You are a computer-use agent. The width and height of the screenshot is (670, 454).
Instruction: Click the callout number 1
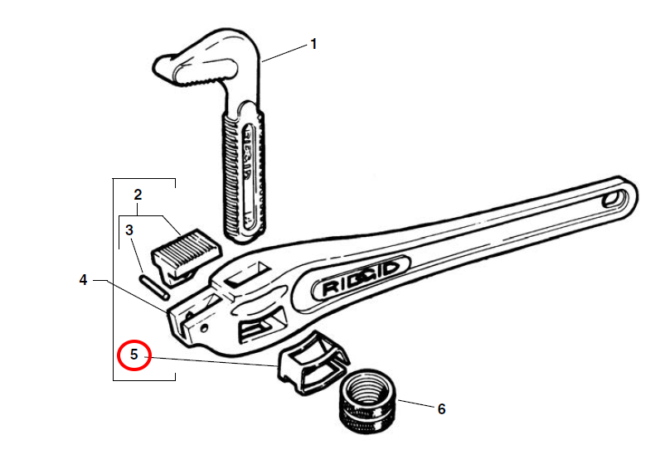pyautogui.click(x=313, y=44)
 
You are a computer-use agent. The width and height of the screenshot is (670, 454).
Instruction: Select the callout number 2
pyautogui.click(x=138, y=196)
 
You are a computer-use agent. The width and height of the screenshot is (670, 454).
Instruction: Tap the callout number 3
pyautogui.click(x=129, y=229)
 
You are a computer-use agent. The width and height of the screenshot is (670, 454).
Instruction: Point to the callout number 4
pyautogui.click(x=83, y=280)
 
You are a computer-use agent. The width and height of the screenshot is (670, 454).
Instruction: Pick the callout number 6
pyautogui.click(x=441, y=408)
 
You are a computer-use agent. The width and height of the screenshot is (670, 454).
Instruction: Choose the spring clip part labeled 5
pyautogui.click(x=312, y=364)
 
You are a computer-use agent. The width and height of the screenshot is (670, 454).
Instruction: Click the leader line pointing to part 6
pyautogui.click(x=414, y=405)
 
